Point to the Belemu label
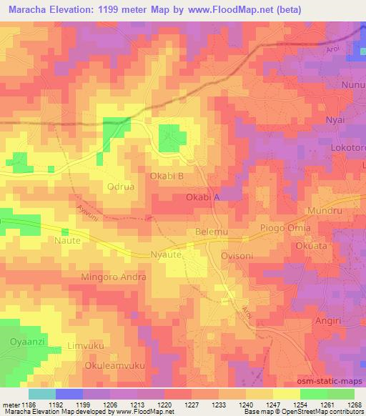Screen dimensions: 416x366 [211, 232]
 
